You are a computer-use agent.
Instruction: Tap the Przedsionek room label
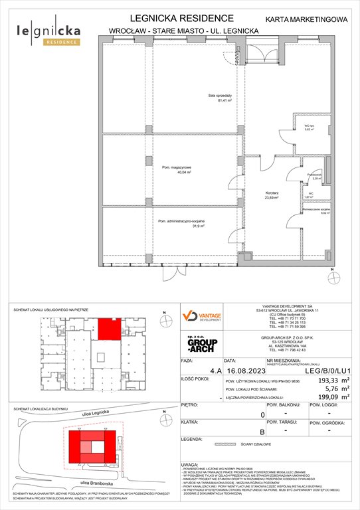[315, 176]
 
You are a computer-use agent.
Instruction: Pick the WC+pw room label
[308, 127]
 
